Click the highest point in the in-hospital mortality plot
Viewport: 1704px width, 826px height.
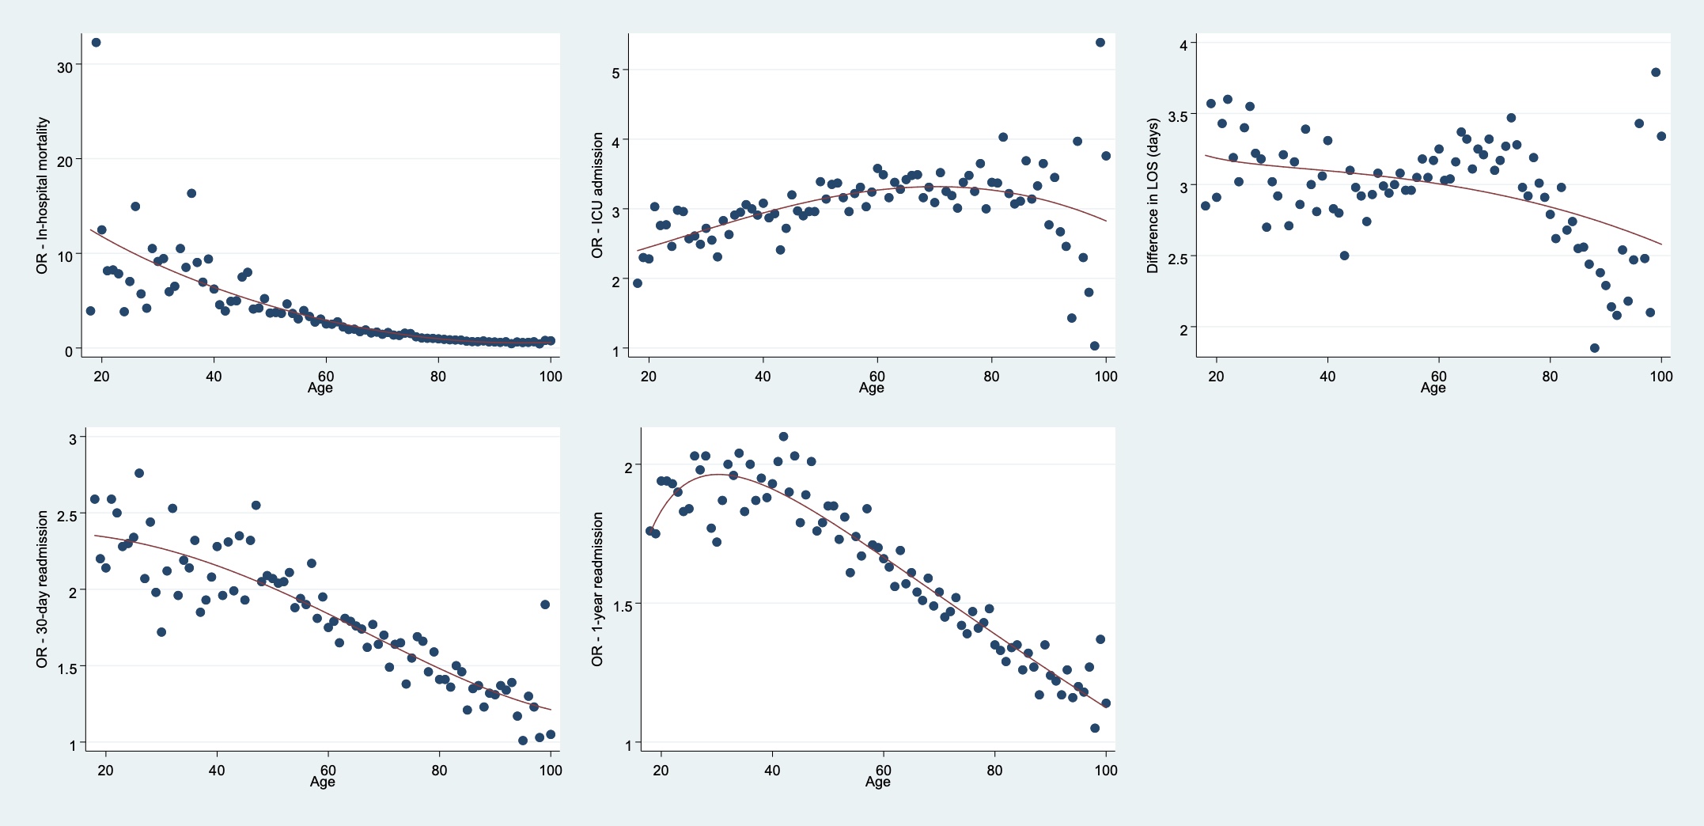tap(96, 43)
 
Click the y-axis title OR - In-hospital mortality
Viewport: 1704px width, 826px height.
tap(42, 196)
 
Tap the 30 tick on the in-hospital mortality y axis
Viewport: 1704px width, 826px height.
tap(64, 67)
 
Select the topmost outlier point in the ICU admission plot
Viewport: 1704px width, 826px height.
tap(1100, 43)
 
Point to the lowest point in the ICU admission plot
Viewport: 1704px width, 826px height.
tap(1095, 346)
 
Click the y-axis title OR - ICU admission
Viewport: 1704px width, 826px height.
tap(597, 195)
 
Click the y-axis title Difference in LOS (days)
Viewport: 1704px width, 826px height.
tap(1153, 195)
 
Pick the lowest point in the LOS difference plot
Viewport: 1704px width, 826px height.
tap(1595, 348)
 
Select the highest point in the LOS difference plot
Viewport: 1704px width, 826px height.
tap(1656, 72)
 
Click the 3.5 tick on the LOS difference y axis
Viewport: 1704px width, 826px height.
tap(1177, 116)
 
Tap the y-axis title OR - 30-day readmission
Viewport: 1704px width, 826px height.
tap(42, 589)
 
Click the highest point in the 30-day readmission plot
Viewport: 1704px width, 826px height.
tap(139, 473)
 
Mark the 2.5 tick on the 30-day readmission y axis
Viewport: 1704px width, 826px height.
tap(66, 515)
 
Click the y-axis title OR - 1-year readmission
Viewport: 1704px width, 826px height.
tap(597, 589)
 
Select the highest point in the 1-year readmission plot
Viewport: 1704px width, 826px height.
tap(783, 437)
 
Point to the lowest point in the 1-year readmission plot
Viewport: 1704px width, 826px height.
tap(1095, 728)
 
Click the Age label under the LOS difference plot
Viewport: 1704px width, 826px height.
tap(1433, 388)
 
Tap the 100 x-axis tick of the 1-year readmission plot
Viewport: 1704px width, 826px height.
tap(1105, 770)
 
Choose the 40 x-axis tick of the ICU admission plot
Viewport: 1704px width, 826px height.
tap(762, 376)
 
